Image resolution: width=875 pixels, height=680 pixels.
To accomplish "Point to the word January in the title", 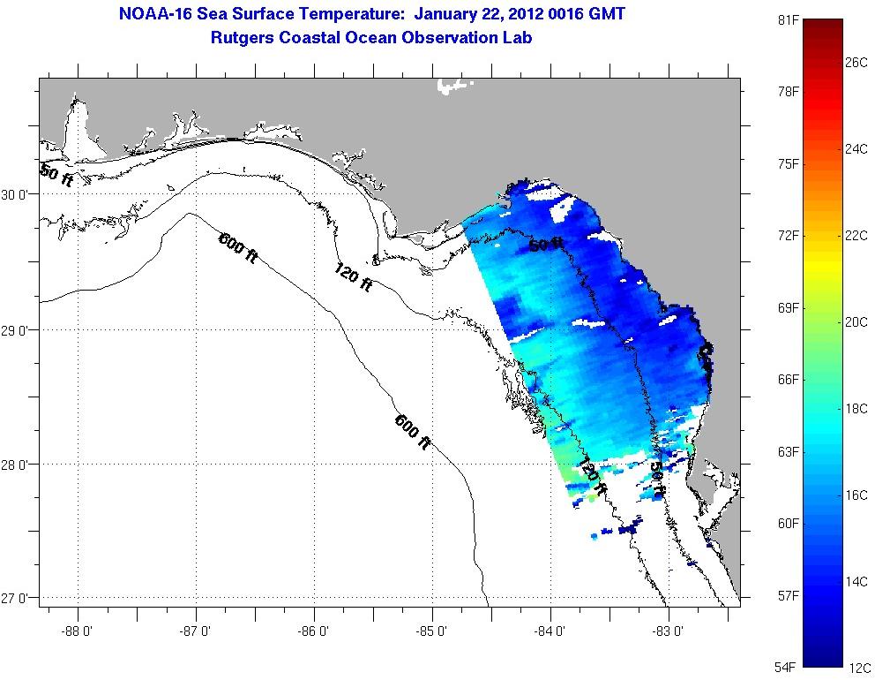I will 449,15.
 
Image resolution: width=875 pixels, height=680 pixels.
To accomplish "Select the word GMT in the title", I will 605,15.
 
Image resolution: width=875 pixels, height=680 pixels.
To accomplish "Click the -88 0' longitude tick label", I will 78,631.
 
